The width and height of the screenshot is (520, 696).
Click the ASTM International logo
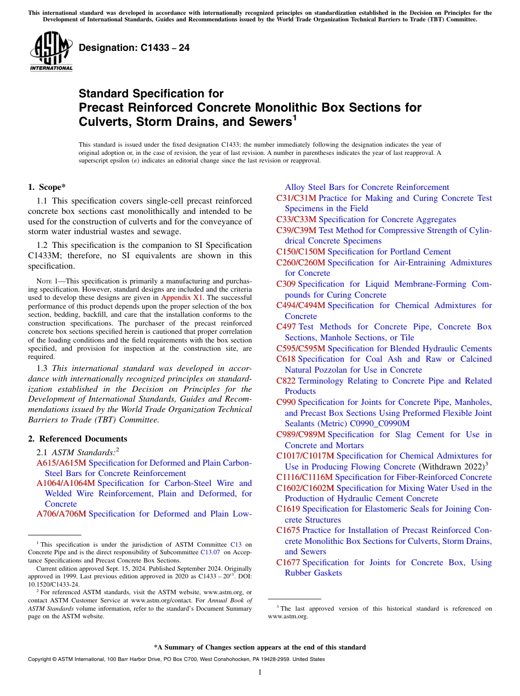[51, 52]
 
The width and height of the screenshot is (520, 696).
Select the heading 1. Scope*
[47, 187]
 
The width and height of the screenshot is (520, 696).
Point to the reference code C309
[286, 284]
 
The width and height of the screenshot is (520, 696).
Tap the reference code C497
[286, 327]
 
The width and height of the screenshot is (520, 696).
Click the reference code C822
[286, 381]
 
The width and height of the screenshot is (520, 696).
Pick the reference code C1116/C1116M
[304, 477]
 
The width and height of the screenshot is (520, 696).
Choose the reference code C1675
[288, 530]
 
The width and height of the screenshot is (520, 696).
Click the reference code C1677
[288, 562]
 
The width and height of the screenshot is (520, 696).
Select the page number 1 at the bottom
[260, 672]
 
